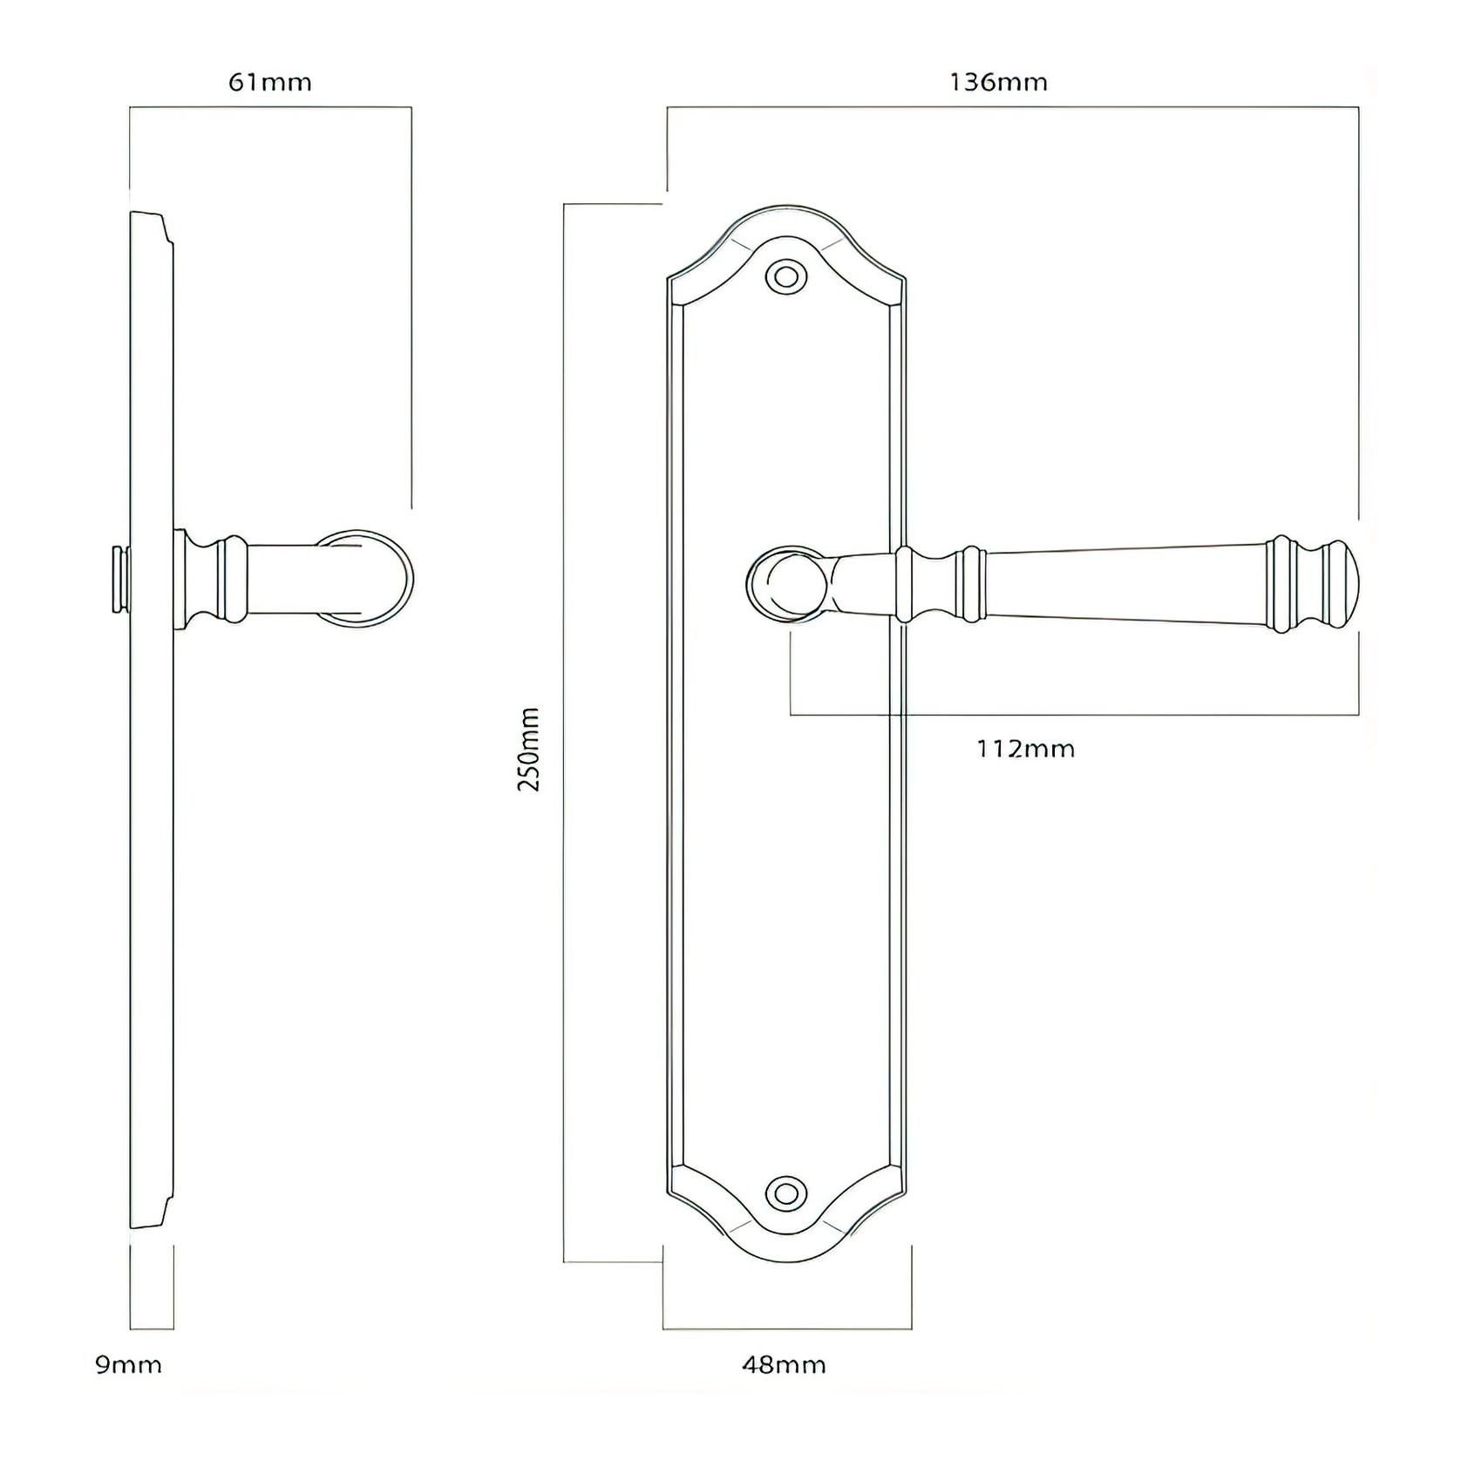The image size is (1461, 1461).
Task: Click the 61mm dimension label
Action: [x=269, y=83]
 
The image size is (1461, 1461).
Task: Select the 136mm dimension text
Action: [x=998, y=83]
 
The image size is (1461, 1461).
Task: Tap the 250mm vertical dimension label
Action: [x=529, y=749]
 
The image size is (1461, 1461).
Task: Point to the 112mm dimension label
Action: [x=1025, y=749]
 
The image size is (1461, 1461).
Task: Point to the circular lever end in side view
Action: [x=364, y=577]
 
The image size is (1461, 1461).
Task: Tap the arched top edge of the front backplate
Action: [x=785, y=209]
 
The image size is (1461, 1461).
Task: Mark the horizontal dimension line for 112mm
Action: [x=1072, y=716]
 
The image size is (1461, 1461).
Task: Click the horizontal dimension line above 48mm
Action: [x=786, y=1328]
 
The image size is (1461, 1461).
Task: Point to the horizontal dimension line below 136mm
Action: [x=1011, y=107]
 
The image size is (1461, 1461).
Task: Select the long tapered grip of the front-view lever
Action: [x=1125, y=583]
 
